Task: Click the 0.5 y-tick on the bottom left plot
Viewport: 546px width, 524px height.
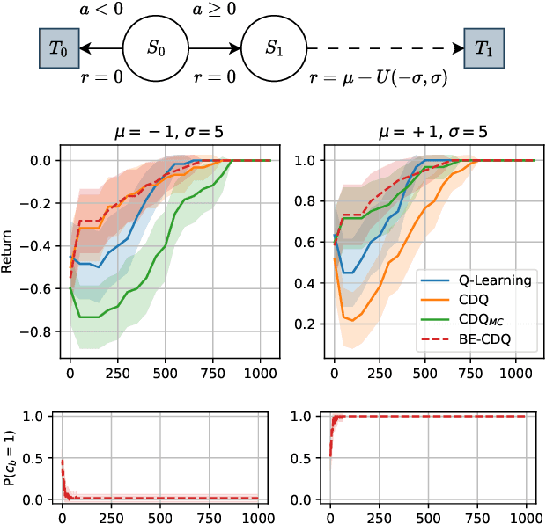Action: [x=41, y=458]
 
